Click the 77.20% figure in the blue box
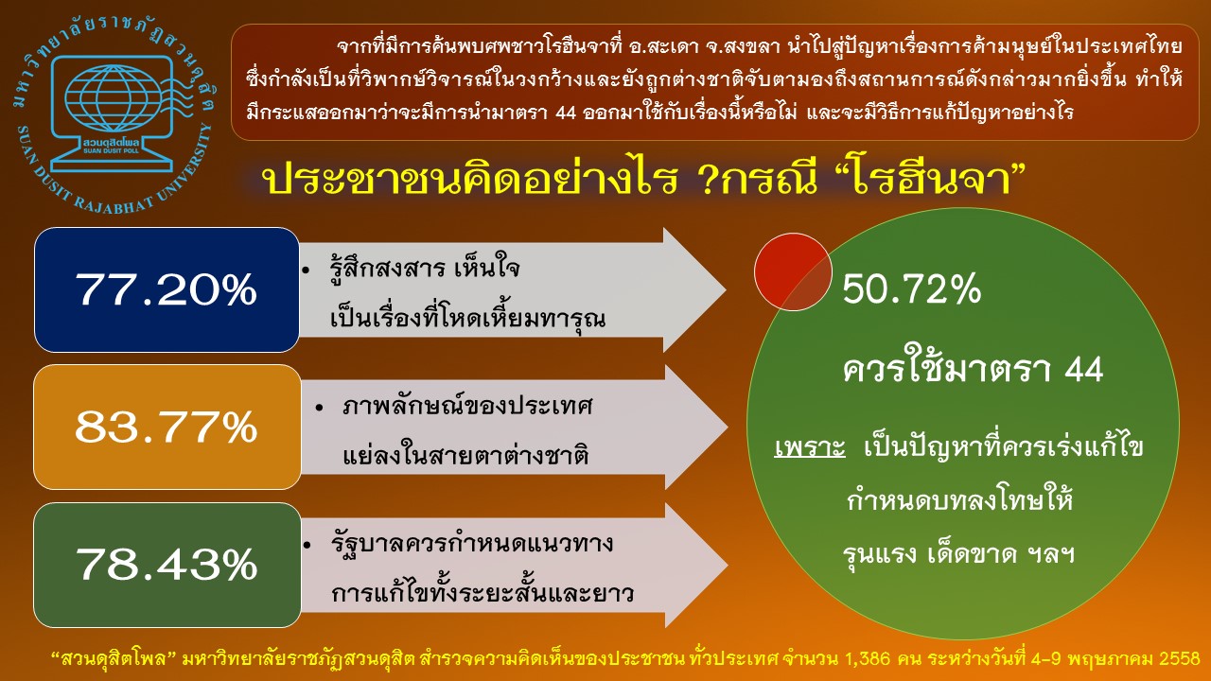(166, 289)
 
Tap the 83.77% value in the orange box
(166, 427)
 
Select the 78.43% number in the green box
(166, 565)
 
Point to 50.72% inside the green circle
(911, 288)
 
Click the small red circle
(793, 271)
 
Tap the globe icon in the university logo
(113, 97)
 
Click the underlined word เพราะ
(809, 448)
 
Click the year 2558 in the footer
(1180, 659)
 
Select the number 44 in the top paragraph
(566, 113)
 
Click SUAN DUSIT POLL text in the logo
(111, 150)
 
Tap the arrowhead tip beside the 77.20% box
(725, 290)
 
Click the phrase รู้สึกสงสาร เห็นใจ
(425, 267)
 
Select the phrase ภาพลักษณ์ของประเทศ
(467, 406)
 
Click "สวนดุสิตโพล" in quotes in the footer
(114, 659)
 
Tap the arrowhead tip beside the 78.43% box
(727, 566)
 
